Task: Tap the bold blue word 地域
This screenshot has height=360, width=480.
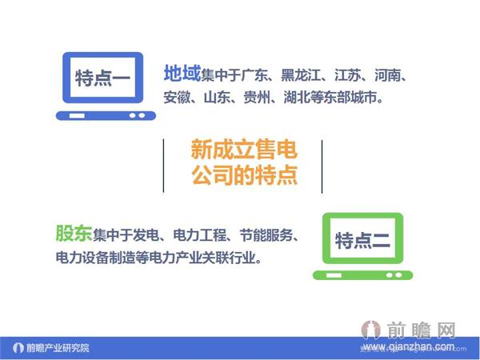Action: [182, 74]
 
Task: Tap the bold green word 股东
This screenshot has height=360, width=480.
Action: [73, 234]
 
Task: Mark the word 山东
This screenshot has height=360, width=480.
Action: [220, 99]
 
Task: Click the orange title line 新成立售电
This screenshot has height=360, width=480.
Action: [242, 150]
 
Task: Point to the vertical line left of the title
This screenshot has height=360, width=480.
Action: [163, 165]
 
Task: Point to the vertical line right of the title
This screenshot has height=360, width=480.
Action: [321, 165]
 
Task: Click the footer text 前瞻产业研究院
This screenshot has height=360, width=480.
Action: [58, 348]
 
